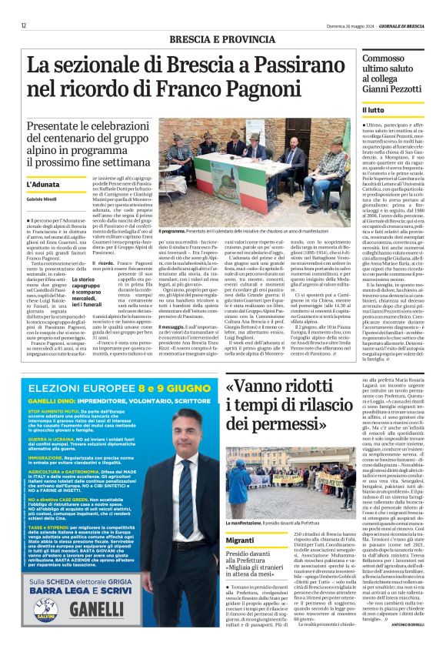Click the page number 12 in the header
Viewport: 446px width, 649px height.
24,25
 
